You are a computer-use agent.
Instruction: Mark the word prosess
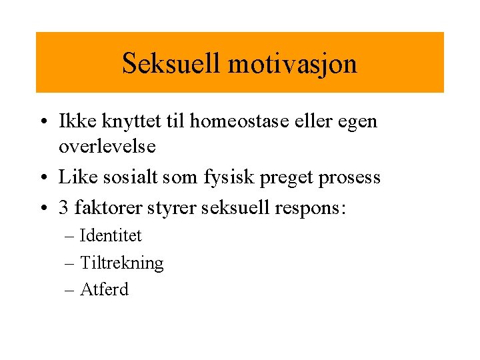350,178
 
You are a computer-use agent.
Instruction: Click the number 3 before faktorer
64,208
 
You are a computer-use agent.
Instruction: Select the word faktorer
105,208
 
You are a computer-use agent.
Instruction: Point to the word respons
310,209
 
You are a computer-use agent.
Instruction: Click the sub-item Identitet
111,235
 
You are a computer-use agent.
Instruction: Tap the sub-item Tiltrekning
121,263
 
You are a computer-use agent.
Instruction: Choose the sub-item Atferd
104,289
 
